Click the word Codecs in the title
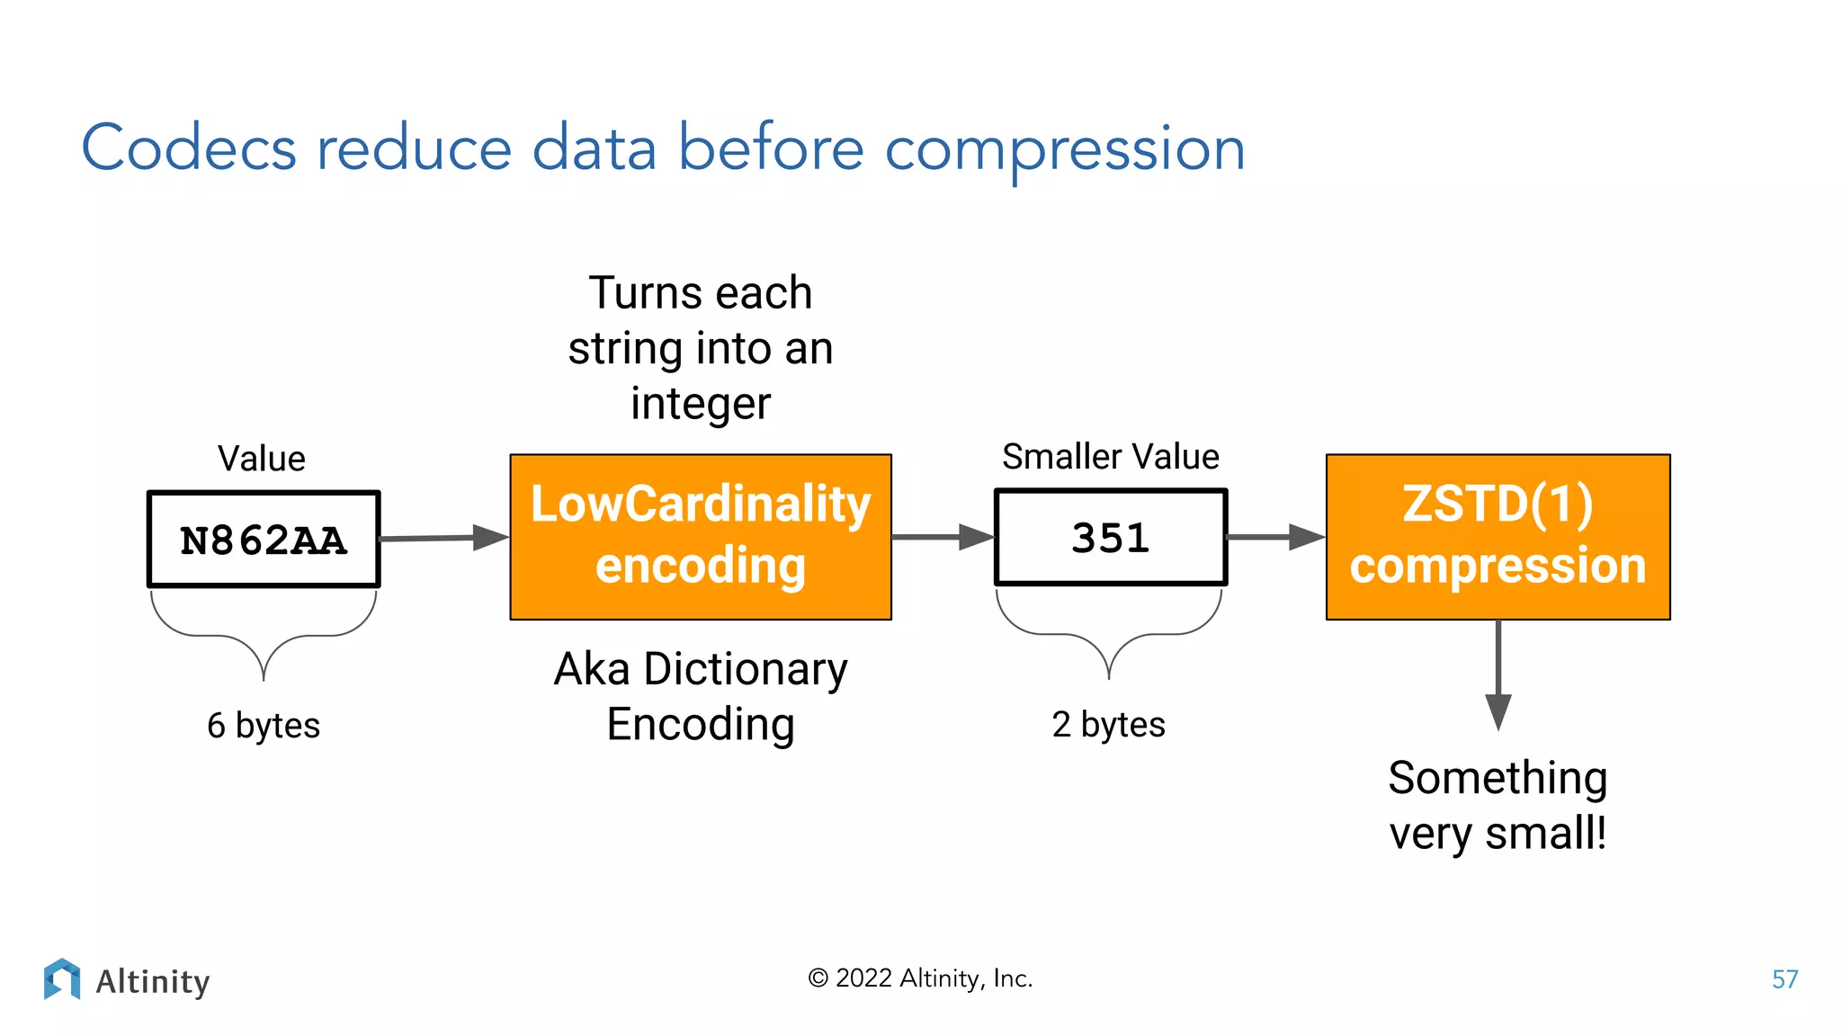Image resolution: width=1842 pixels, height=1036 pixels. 189,148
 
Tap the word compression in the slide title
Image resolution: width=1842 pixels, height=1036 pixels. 1065,150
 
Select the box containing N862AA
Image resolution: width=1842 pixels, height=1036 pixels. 264,540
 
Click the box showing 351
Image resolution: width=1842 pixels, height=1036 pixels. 1111,538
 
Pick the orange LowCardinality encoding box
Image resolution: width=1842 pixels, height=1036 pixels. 701,537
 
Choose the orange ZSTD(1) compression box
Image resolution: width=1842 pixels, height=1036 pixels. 1498,537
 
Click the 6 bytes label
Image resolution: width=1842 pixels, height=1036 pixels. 264,726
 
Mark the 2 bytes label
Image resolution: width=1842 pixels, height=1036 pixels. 1108,725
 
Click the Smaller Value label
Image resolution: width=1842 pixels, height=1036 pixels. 1111,457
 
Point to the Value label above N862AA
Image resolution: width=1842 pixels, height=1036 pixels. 262,459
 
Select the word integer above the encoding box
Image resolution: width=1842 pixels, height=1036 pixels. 701,404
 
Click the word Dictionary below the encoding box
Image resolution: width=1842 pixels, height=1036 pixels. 746,670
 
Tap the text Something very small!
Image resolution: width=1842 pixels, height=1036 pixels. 1498,805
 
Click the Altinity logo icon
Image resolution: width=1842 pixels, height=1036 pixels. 62,979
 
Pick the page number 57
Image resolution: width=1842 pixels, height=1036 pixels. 1784,979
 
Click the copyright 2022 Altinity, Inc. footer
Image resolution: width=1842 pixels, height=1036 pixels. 920,978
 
